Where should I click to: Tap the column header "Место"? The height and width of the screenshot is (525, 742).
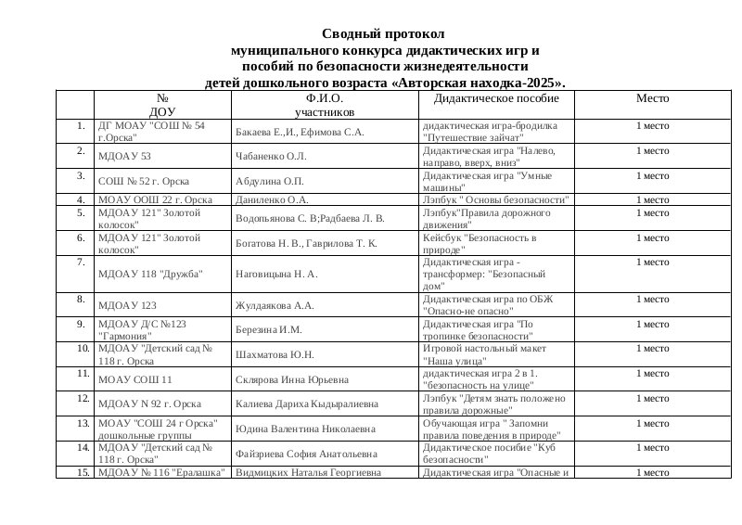point(652,97)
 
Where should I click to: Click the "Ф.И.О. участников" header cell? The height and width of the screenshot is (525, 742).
point(324,105)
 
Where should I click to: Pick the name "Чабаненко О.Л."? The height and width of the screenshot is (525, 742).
point(271,157)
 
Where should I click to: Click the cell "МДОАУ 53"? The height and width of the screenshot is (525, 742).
point(124,157)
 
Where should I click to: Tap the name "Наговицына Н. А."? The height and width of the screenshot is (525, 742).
point(277,275)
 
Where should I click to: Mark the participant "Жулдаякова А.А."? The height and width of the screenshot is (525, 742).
point(276,305)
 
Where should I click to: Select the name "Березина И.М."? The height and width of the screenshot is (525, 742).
point(270,329)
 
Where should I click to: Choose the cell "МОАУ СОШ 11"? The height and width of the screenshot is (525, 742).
point(135,379)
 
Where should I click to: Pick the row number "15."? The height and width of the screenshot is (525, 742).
point(83,472)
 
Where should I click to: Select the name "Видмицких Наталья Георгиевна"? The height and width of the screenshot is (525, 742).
point(308,472)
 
